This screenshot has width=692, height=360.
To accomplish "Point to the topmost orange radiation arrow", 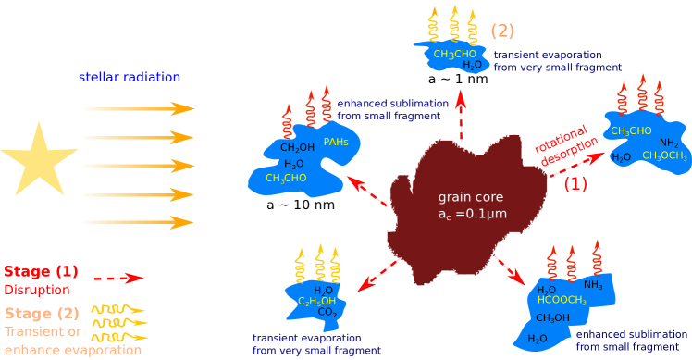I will pos(139,109).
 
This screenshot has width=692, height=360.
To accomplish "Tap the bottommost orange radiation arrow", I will pos(139,223).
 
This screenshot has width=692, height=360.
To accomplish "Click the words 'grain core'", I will pos(466,198).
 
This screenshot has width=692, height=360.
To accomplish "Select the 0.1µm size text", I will pos(472,215).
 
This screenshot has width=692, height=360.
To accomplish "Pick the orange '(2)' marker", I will pos(502,31).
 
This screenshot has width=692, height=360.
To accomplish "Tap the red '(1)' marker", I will pos(575,183).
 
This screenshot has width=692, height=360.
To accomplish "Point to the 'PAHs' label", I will pos(337,142).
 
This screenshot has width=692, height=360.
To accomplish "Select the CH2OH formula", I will pos(297,147).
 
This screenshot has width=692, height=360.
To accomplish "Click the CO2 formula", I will pos(328,313).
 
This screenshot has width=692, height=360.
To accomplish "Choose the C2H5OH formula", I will pos(315,301).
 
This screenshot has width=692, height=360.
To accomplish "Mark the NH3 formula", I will pos(593,285).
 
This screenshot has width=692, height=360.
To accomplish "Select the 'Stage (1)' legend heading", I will pos(41,272).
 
